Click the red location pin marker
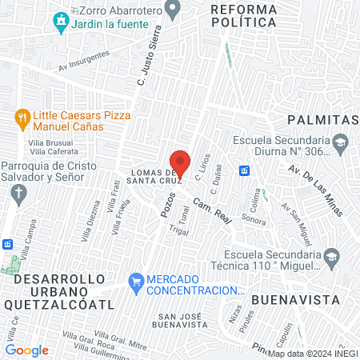click(180, 162)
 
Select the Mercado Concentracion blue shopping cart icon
click(136, 282)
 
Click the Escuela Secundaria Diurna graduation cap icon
click(341, 142)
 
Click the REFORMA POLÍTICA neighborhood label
click(244, 16)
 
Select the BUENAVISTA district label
click(285, 299)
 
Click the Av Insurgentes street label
click(84, 70)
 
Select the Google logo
click(27, 350)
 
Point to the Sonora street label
click(254, 219)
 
